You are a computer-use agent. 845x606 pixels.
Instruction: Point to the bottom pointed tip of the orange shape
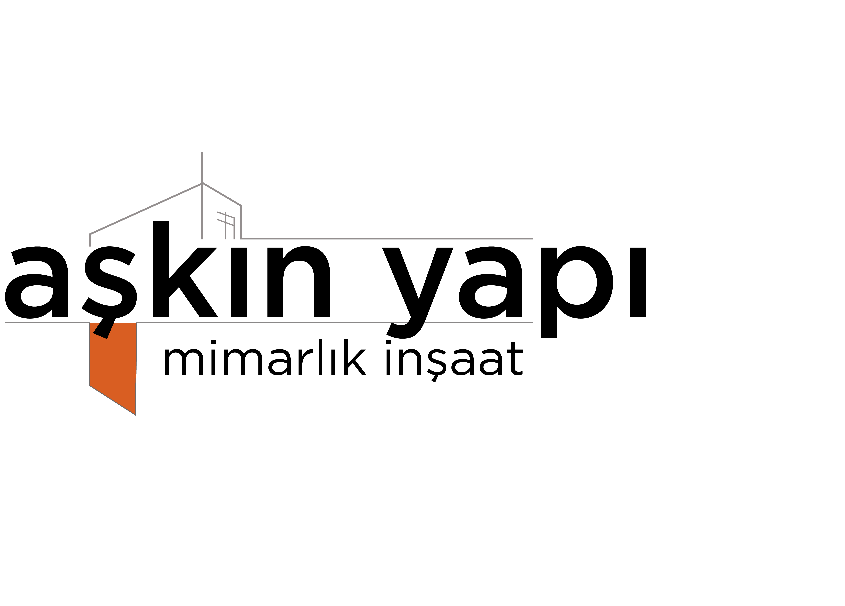point(135,415)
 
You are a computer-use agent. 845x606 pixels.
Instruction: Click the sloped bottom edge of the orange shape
point(113,400)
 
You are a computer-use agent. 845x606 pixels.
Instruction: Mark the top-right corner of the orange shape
point(137,323)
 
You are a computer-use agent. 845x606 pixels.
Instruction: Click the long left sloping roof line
point(145,209)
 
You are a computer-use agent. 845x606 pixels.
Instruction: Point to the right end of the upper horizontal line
point(532,238)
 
